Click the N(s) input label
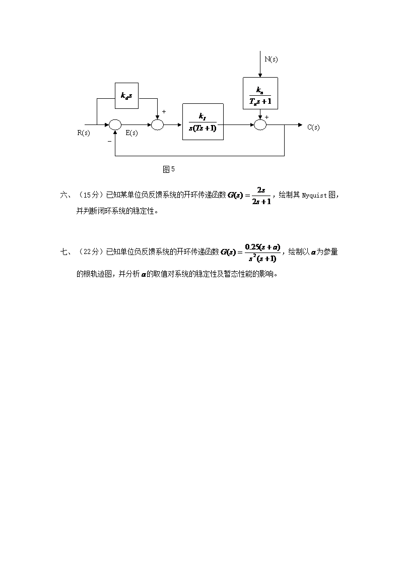(x=271, y=59)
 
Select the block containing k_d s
(x=126, y=95)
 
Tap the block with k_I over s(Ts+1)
(x=203, y=121)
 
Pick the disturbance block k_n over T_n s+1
(x=260, y=94)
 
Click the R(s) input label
(x=84, y=133)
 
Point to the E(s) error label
(x=131, y=133)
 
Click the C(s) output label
(x=313, y=128)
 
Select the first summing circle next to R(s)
(x=115, y=124)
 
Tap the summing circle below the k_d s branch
(x=158, y=124)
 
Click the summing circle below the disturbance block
(x=260, y=124)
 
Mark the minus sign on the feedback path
(x=109, y=142)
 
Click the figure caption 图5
(x=168, y=169)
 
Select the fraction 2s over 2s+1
(x=261, y=196)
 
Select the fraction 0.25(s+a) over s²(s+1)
(x=261, y=252)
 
